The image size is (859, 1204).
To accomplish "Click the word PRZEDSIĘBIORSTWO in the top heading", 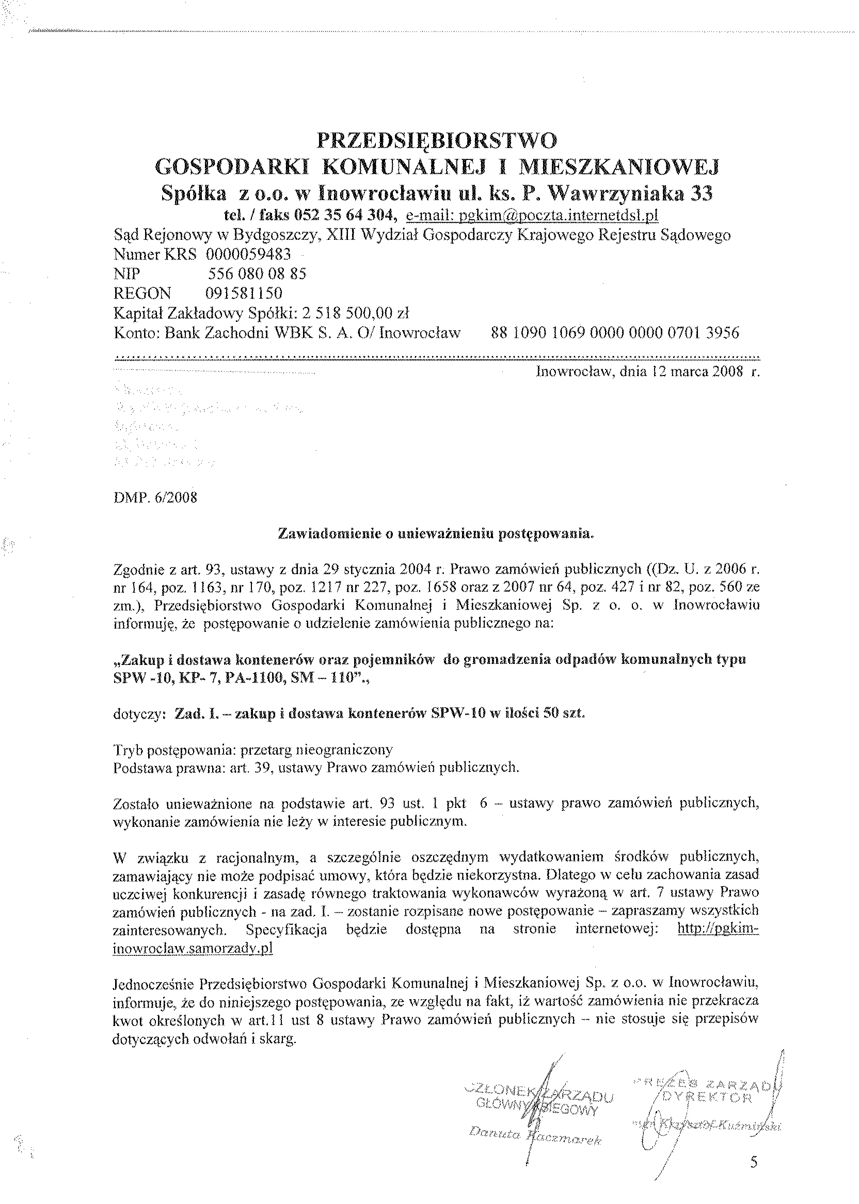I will click(x=436, y=141).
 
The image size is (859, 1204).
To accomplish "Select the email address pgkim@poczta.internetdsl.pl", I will click(x=531, y=216).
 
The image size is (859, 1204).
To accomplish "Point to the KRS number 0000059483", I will click(x=249, y=255).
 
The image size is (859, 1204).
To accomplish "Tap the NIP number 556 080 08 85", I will click(x=257, y=274).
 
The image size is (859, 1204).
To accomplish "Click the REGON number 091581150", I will click(x=244, y=293).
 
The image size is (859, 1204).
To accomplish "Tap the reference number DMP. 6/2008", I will click(x=155, y=498).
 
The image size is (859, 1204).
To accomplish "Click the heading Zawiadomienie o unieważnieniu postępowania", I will click(x=436, y=534).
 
